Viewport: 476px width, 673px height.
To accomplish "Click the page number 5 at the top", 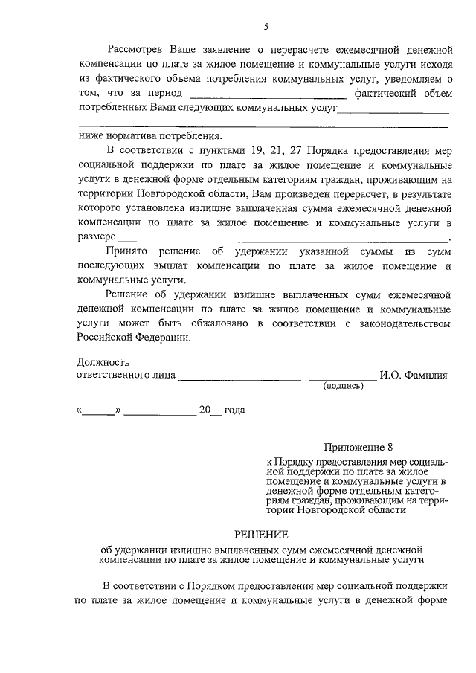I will [x=266, y=28].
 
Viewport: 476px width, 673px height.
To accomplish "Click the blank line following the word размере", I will [x=283, y=239].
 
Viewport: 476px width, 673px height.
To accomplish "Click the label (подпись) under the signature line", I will [x=342, y=387].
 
